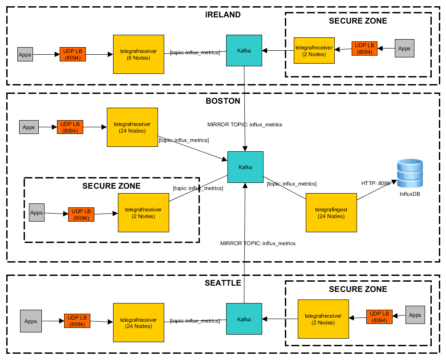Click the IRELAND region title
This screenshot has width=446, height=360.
tap(223, 15)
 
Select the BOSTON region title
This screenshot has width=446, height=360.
tap(223, 101)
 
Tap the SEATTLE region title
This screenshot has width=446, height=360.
tap(223, 283)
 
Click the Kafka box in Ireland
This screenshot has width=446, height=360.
tap(244, 51)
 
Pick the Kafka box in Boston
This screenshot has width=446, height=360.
tap(245, 167)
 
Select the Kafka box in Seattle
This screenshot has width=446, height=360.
tap(244, 319)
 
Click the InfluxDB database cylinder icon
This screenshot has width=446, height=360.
tap(410, 174)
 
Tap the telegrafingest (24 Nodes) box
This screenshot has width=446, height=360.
tap(331, 213)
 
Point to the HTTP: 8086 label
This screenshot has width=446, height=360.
tap(376, 183)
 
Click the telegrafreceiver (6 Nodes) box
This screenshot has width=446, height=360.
tap(138, 54)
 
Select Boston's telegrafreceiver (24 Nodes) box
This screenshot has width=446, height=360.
tap(132, 127)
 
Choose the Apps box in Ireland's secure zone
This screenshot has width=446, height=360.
tap(404, 49)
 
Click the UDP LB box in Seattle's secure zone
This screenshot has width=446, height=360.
tap(380, 316)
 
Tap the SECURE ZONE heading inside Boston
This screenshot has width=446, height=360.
tap(111, 186)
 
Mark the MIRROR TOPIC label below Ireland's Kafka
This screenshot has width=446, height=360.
tap(245, 125)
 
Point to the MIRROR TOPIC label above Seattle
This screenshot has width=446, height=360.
tap(258, 243)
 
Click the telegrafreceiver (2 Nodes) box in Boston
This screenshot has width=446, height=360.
tap(143, 213)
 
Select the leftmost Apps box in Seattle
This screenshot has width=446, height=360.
tap(31, 321)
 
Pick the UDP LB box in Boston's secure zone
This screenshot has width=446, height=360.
tap(81, 214)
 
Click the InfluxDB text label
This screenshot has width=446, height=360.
tap(410, 194)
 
